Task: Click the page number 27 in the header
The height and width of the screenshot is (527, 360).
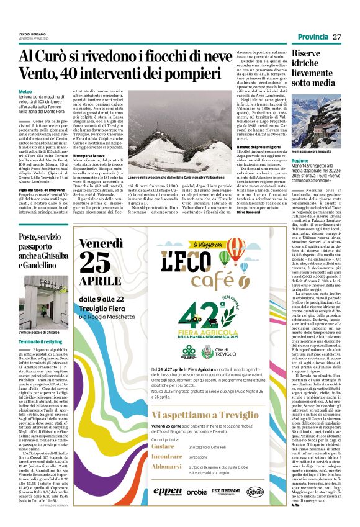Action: point(337,37)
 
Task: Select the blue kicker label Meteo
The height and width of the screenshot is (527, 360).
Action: point(25,91)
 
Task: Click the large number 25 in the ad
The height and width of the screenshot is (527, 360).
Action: point(98,263)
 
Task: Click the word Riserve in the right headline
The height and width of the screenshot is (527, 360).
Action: point(307,54)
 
